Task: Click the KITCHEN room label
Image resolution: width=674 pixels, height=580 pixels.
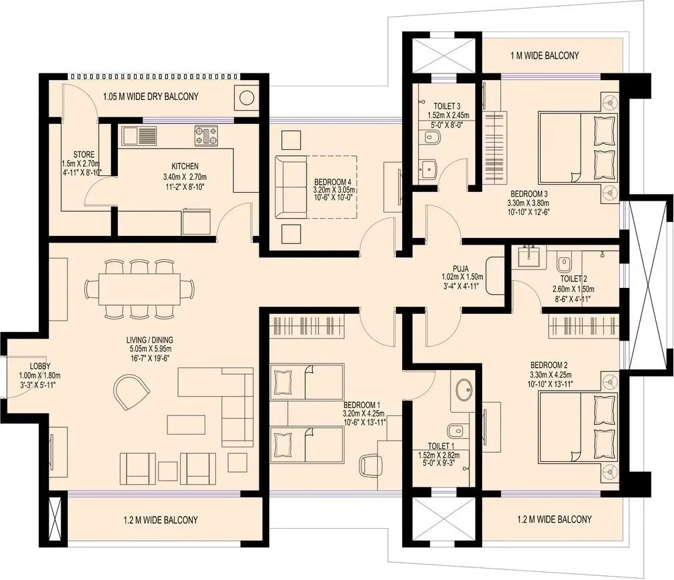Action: pyautogui.click(x=185, y=166)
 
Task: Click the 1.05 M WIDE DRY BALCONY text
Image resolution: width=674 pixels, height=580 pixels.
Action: pyautogui.click(x=151, y=97)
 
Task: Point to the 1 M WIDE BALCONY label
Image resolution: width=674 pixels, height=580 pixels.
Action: pyautogui.click(x=545, y=55)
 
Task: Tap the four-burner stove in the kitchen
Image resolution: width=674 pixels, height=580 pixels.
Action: pyautogui.click(x=207, y=135)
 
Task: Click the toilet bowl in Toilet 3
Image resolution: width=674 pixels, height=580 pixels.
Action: pyautogui.click(x=431, y=137)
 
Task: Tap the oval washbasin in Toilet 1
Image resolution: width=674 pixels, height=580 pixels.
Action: pyautogui.click(x=461, y=388)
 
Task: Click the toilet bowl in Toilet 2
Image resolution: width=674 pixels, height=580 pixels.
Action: pyautogui.click(x=564, y=262)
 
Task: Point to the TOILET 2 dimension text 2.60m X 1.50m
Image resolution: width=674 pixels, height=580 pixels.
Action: pyautogui.click(x=573, y=289)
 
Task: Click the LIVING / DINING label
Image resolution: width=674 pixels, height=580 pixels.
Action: pyautogui.click(x=151, y=339)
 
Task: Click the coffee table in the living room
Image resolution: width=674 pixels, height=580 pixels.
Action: pyautogui.click(x=186, y=425)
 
